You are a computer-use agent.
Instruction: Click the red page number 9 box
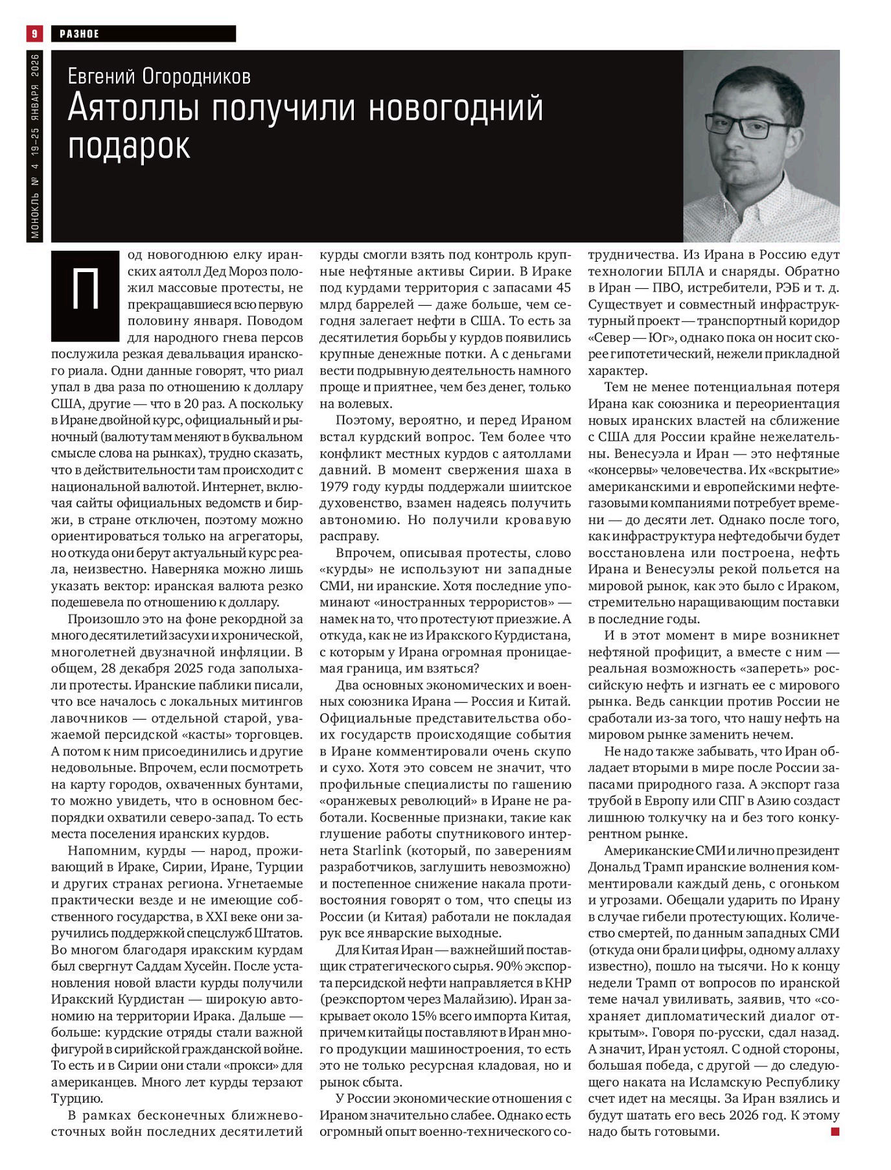[34, 33]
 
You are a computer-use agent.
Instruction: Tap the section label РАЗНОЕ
[79, 34]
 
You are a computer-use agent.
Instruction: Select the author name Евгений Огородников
[159, 76]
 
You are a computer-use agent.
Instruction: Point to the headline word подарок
[129, 146]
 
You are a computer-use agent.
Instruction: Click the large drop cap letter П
[85, 292]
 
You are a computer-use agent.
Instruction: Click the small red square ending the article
[835, 1132]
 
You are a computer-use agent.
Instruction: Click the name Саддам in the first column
[163, 966]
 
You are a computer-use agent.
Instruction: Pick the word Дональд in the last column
[615, 867]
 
